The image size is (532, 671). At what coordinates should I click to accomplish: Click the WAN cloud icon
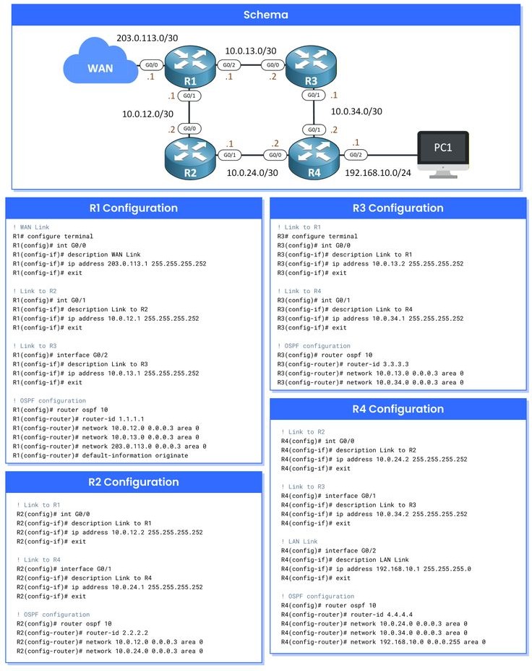[99, 69]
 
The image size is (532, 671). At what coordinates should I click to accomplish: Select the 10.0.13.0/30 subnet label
[250, 51]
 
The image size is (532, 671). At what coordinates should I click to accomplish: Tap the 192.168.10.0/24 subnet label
[379, 174]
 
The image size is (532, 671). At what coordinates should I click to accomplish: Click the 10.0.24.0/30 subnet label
[252, 174]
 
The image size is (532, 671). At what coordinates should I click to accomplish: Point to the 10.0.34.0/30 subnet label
[356, 111]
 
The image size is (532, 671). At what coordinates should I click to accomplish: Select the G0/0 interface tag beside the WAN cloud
[151, 64]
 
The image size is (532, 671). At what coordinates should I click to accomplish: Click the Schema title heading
[265, 14]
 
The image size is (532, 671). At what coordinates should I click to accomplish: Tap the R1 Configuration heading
[133, 208]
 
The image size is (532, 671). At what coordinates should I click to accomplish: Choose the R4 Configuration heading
[398, 409]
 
